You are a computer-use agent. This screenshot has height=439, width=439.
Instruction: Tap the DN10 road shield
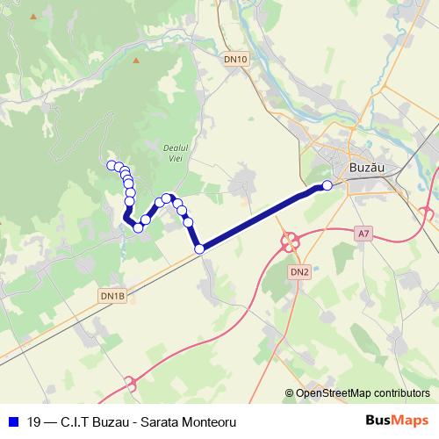click(x=235, y=59)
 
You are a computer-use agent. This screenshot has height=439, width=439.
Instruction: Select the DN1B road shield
click(x=113, y=297)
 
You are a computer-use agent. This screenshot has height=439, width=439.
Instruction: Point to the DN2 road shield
click(x=300, y=272)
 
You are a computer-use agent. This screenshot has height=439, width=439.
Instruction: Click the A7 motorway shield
click(x=364, y=233)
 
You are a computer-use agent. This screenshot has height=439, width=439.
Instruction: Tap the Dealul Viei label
click(x=177, y=153)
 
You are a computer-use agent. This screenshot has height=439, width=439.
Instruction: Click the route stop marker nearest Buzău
click(x=327, y=184)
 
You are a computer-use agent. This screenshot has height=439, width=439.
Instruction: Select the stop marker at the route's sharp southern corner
click(x=199, y=249)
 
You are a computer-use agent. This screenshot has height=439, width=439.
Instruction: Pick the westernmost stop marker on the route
click(x=112, y=165)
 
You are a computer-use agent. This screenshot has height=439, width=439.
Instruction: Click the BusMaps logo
click(x=398, y=421)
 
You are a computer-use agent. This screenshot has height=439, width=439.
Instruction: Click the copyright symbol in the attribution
click(x=290, y=393)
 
